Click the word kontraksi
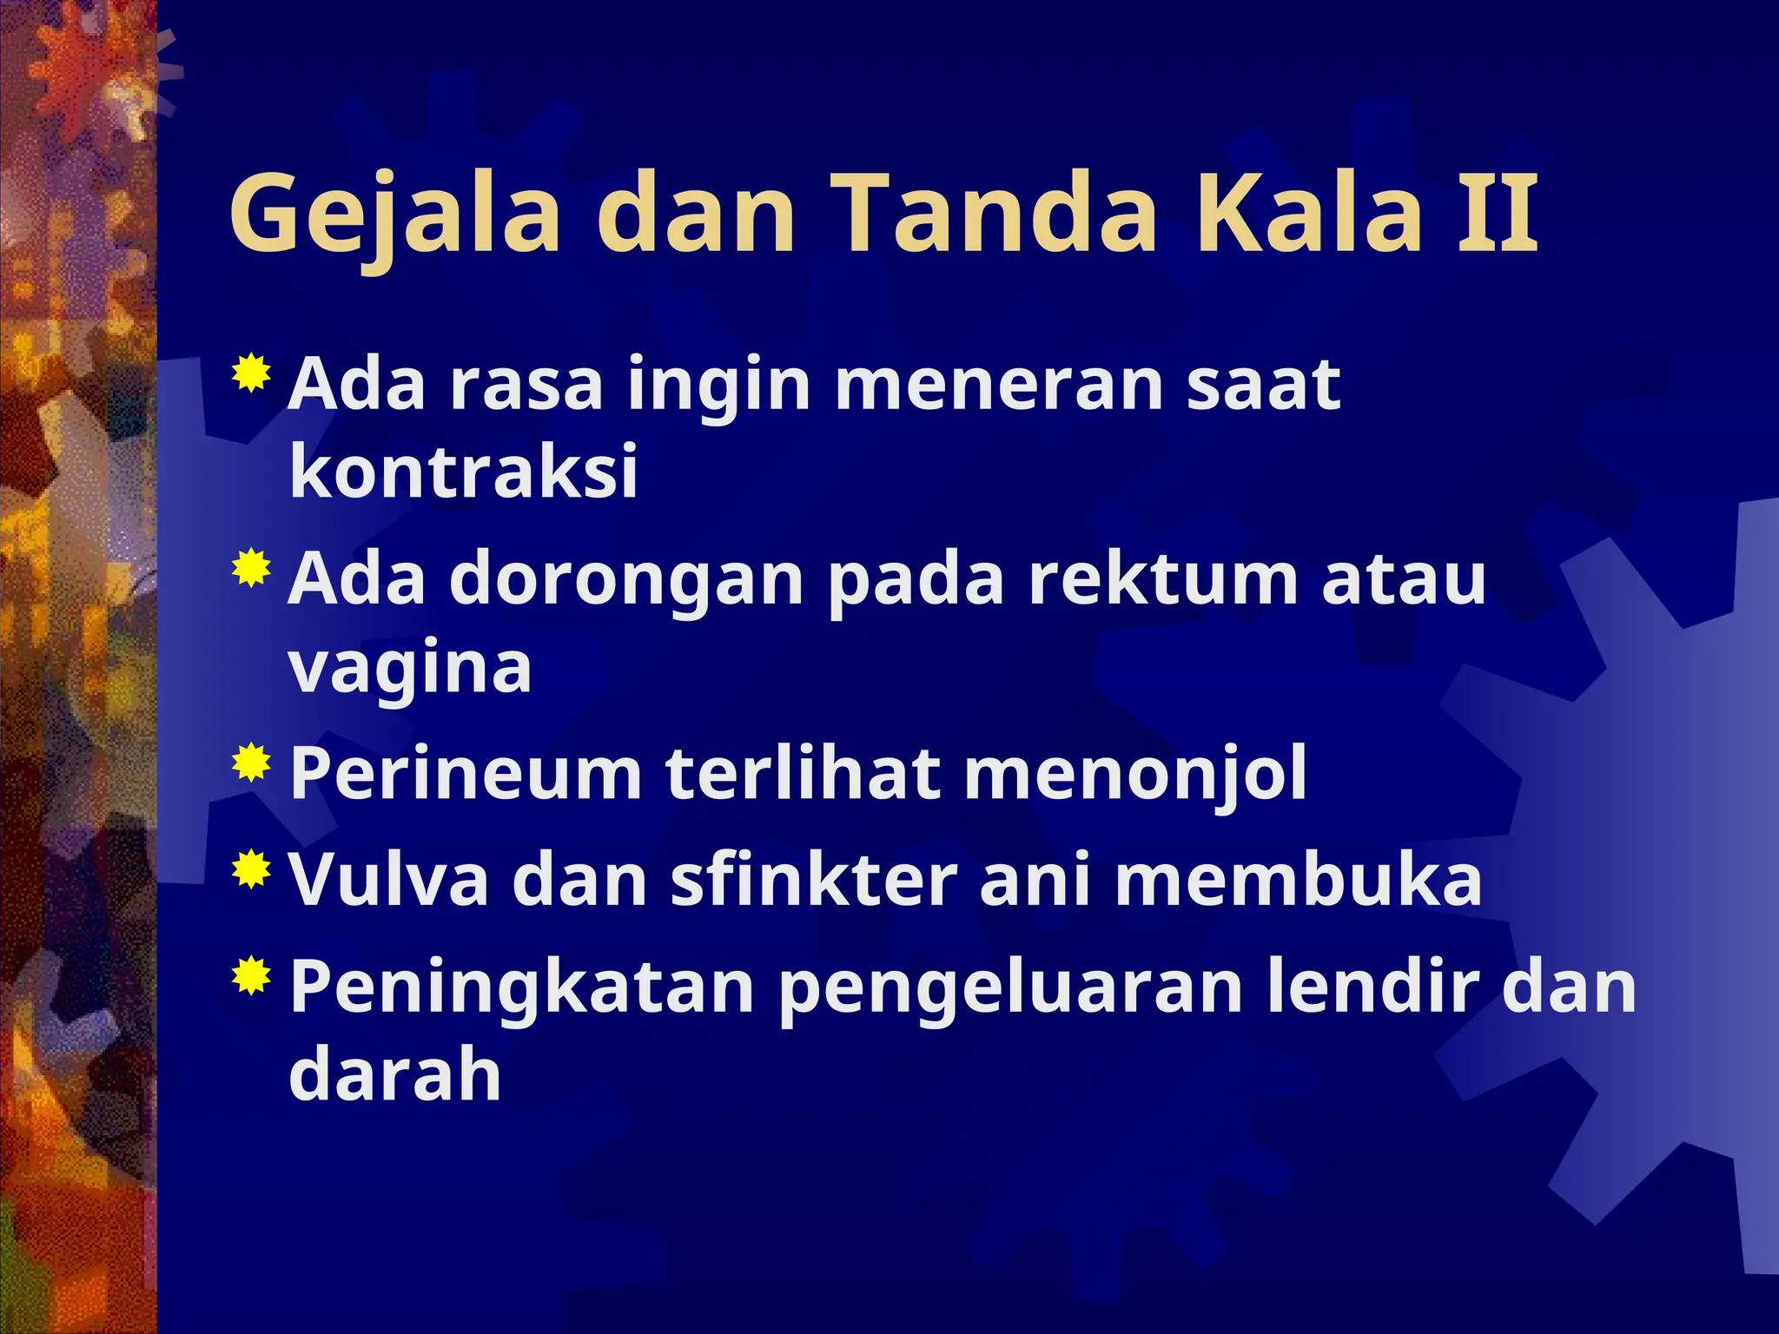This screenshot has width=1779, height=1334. coord(464,472)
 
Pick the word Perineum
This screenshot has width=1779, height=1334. coord(466,775)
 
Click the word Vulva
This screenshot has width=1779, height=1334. coord(389,881)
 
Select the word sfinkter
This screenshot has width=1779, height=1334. coord(814,881)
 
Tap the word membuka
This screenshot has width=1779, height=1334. coord(1298,881)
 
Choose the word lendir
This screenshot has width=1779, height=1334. coord(1372,987)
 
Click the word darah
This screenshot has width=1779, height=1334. coord(395,1077)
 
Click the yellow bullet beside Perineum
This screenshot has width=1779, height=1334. coord(251,763)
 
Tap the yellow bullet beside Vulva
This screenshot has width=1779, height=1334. coord(251,868)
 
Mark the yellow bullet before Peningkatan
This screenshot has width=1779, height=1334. coord(251,974)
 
